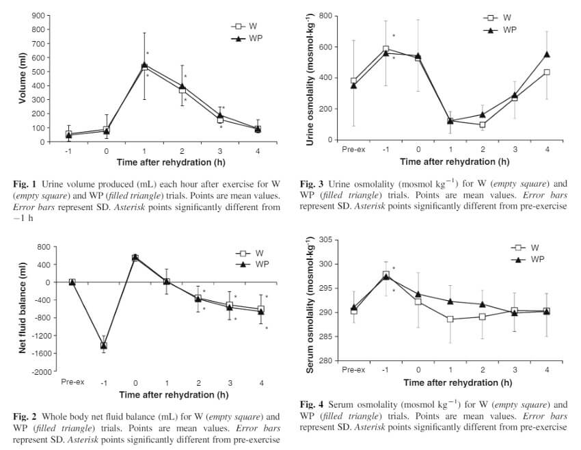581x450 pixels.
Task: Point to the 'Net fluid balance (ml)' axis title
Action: pos(23,308)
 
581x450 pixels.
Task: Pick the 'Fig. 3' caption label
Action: pos(313,185)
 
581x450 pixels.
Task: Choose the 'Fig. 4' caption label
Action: pos(313,405)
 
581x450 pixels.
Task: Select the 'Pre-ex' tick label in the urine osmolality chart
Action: pos(353,149)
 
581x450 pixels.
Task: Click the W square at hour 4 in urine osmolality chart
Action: pos(547,72)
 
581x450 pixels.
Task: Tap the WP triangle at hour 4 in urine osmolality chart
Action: pos(547,54)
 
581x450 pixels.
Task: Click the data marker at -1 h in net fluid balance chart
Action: pos(104,345)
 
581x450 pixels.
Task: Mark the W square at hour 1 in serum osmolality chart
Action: pos(450,319)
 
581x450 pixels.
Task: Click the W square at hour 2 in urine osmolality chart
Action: pos(482,124)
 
